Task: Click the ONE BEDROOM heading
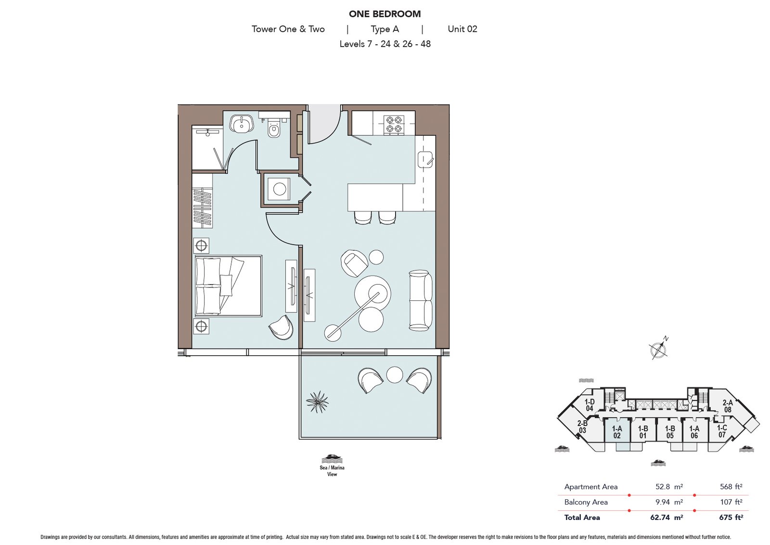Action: click(385, 14)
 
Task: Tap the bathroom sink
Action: click(240, 124)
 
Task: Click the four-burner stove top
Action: click(393, 124)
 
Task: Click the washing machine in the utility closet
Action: click(279, 189)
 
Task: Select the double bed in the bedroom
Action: click(229, 285)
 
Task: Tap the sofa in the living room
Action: click(420, 300)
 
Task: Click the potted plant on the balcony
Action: click(317, 402)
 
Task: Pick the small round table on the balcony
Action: click(394, 375)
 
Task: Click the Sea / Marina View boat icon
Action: click(332, 458)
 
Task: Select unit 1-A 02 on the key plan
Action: click(617, 432)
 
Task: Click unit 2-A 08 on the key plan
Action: click(727, 406)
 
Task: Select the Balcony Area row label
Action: click(586, 502)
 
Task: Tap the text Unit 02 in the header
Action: click(462, 29)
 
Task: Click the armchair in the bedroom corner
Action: click(281, 327)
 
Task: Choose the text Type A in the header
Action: click(385, 29)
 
